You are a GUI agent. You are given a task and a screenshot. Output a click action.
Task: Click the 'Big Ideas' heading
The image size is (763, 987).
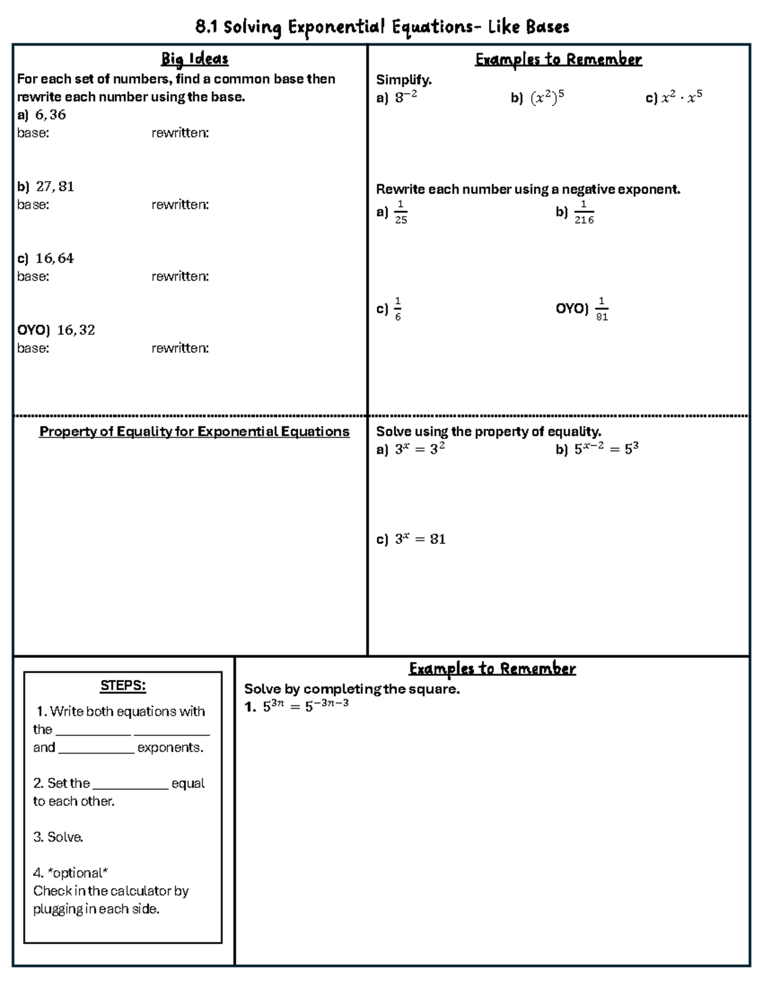click(x=195, y=59)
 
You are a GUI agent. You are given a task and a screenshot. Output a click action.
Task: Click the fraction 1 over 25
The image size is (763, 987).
click(x=401, y=212)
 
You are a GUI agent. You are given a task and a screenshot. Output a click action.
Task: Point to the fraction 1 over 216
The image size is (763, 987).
click(x=584, y=212)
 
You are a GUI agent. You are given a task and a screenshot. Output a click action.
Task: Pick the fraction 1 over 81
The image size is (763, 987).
click(x=601, y=309)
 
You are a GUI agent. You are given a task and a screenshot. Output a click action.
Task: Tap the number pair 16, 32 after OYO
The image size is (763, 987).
click(x=76, y=330)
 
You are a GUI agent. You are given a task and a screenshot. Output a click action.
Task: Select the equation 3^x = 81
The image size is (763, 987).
click(x=420, y=540)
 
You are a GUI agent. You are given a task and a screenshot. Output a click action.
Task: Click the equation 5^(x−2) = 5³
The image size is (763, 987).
click(x=606, y=449)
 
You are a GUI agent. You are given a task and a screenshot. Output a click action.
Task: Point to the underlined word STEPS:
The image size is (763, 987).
click(x=123, y=686)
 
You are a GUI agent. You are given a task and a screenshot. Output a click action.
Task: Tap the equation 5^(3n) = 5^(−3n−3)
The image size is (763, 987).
click(x=305, y=706)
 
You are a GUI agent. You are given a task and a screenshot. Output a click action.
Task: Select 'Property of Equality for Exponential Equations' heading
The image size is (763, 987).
click(x=194, y=432)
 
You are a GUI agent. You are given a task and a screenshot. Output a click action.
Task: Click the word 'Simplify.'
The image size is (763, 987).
click(x=404, y=79)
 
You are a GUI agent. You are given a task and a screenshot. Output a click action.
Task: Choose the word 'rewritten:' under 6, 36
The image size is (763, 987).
click(x=180, y=133)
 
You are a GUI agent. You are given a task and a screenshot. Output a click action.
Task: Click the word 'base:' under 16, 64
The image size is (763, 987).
click(x=33, y=276)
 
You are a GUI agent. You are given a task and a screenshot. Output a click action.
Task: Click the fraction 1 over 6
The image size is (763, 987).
click(x=398, y=309)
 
